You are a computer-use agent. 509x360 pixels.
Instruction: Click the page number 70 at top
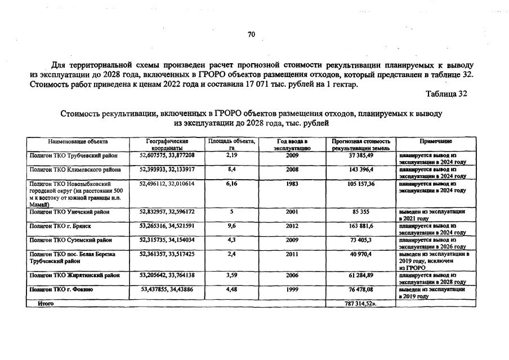point(251,35)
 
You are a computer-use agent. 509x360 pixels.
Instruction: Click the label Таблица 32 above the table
point(447,94)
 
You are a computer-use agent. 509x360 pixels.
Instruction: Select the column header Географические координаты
point(167,144)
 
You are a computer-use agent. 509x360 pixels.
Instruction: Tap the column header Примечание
point(435,141)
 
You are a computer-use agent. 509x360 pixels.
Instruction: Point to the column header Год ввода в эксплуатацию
point(292,144)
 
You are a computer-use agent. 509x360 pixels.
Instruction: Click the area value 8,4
point(231,168)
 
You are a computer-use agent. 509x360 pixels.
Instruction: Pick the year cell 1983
point(292,184)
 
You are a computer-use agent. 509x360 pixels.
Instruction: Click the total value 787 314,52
point(360,303)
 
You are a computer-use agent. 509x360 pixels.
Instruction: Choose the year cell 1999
point(292,290)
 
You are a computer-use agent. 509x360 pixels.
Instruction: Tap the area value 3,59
point(231,275)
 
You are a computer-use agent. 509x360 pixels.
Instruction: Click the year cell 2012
point(292,225)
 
